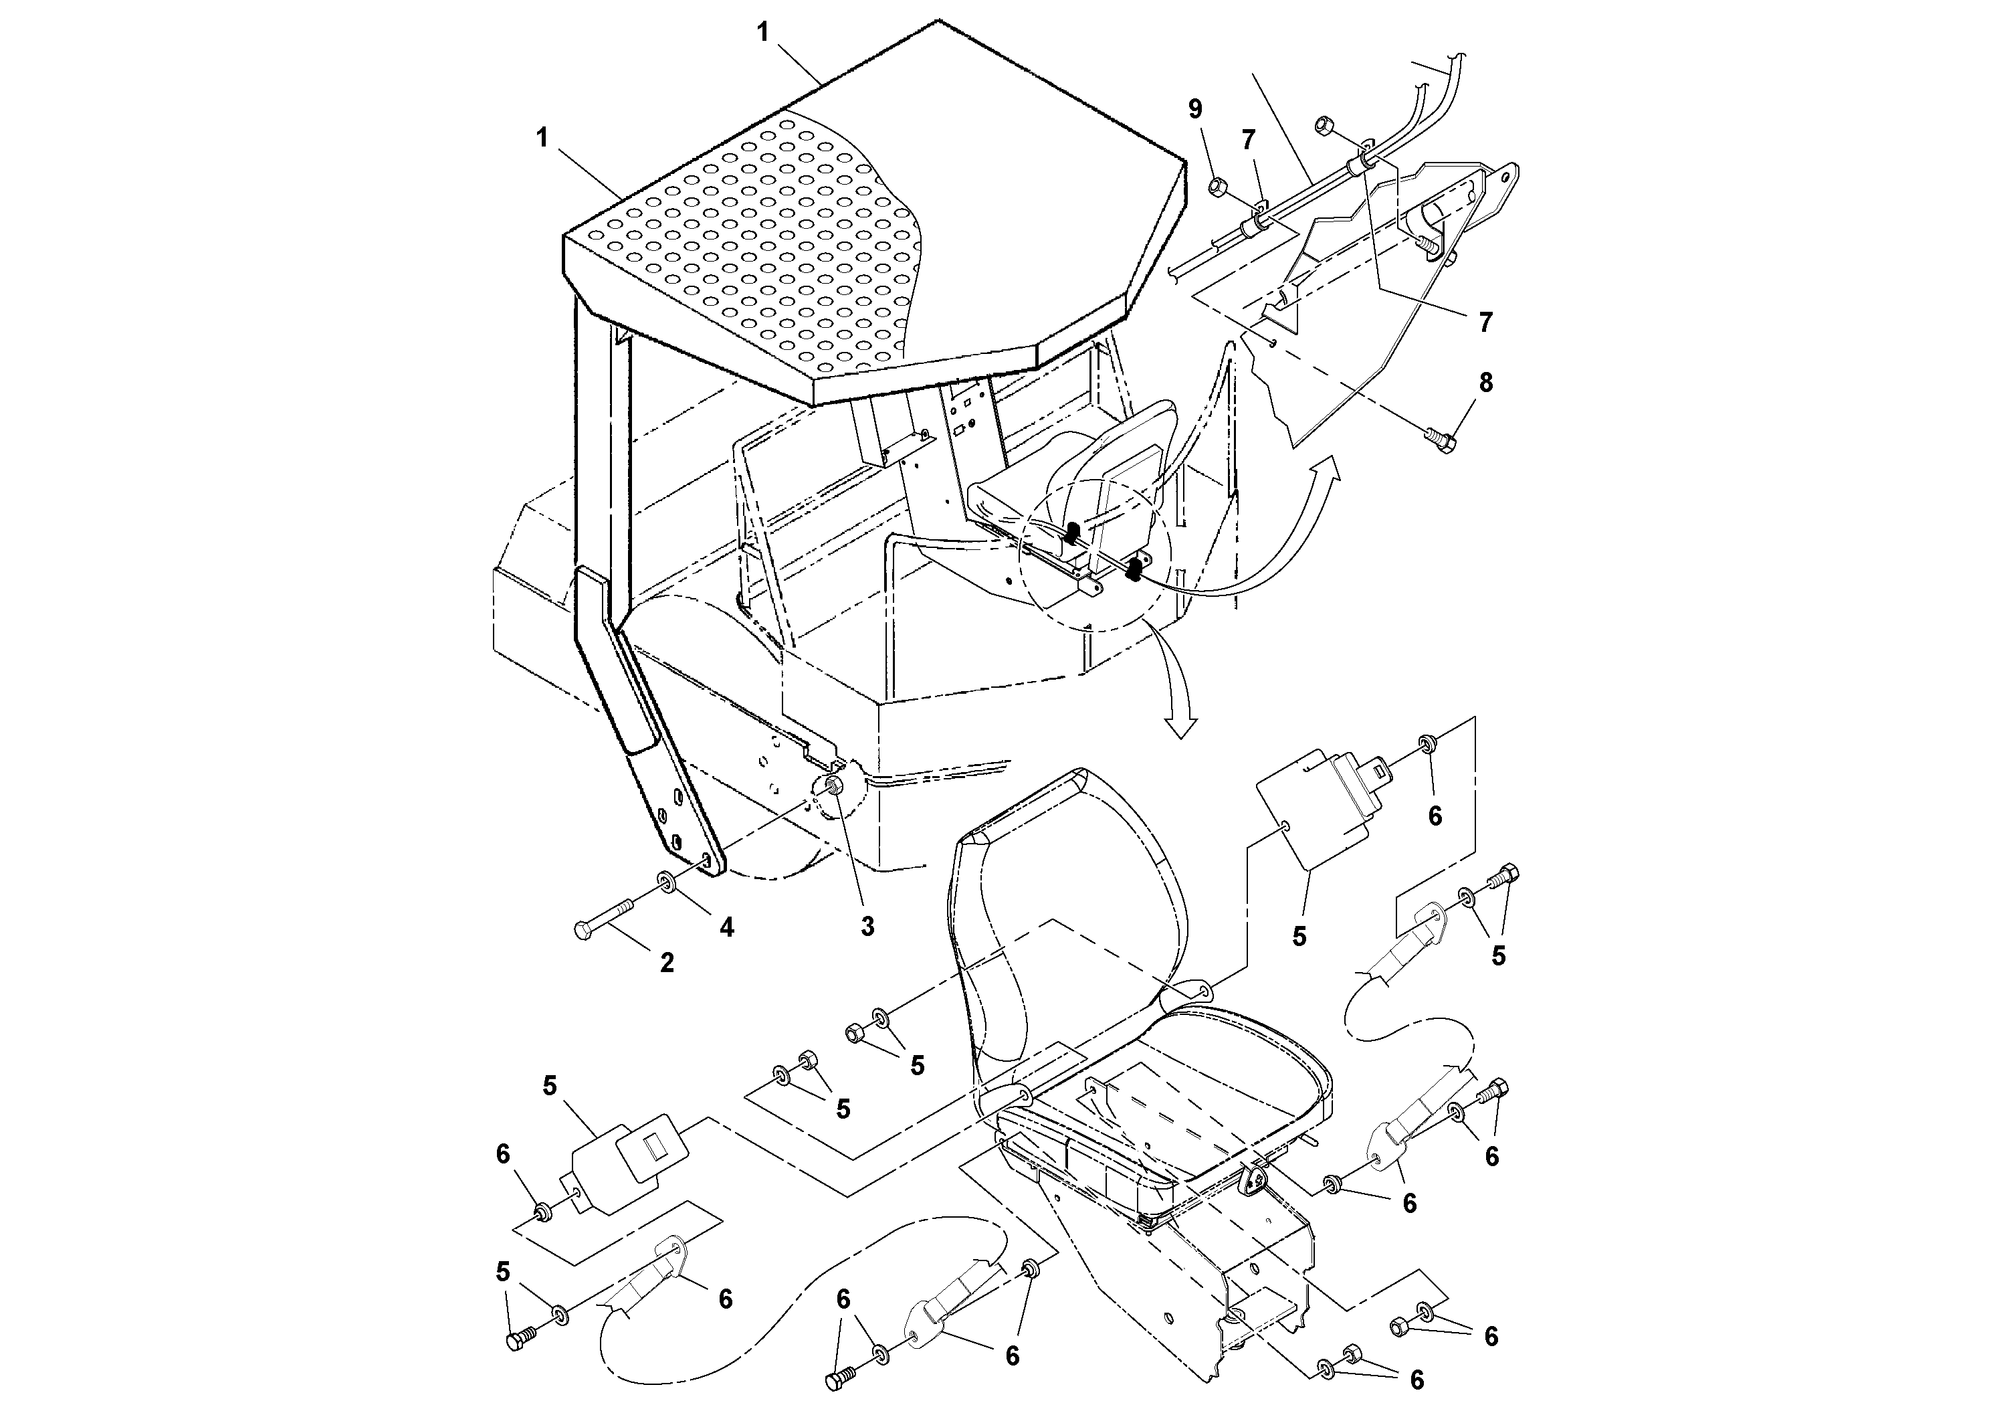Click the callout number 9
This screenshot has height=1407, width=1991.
pos(1195,109)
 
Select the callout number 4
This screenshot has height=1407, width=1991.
pos(727,927)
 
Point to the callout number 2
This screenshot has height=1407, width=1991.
pos(666,962)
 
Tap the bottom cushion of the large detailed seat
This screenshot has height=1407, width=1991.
pos(1214,1093)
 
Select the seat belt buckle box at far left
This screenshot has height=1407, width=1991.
pos(629,1162)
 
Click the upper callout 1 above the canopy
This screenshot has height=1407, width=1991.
pos(762,33)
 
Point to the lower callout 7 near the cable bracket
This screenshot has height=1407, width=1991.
pos(1485,322)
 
